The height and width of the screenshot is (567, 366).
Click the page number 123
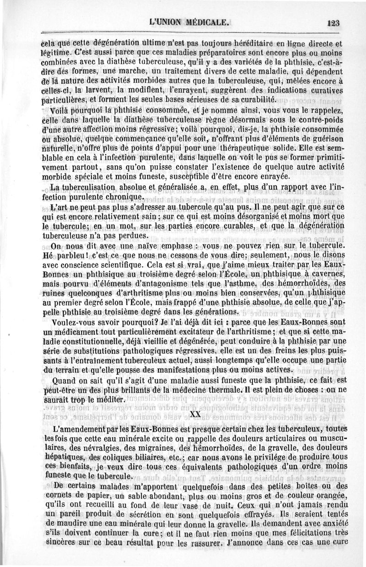[340, 23]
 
